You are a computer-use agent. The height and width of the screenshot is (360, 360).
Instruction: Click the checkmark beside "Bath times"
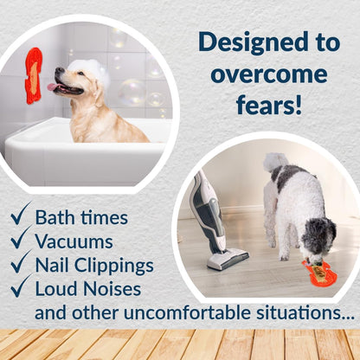point(20,215)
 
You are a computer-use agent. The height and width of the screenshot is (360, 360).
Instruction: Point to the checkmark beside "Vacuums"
point(20,239)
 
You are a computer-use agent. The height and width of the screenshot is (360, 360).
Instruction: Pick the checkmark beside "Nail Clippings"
point(20,263)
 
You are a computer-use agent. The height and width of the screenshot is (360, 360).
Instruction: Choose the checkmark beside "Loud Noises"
point(20,287)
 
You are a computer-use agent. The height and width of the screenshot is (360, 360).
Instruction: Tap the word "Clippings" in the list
point(121,265)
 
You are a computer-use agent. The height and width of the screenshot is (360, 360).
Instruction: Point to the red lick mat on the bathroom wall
point(34,76)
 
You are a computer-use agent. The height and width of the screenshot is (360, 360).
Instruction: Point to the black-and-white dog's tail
point(276,162)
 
